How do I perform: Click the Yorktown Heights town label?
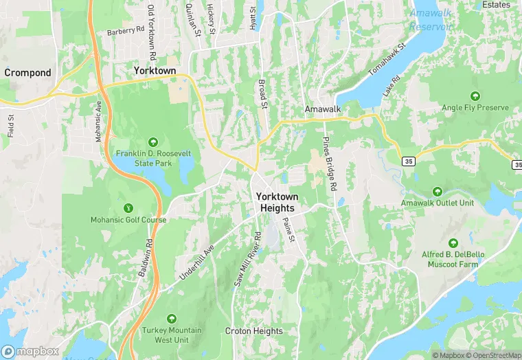click(277, 202)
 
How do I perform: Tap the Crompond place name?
click(27, 72)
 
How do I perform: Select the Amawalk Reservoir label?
click(431, 20)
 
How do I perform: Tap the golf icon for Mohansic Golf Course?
click(127, 208)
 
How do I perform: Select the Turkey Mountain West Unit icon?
click(171, 319)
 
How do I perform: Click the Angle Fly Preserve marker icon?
click(475, 96)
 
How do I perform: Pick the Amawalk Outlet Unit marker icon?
click(438, 192)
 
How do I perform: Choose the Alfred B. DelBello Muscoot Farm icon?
click(453, 243)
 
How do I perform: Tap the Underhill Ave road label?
click(198, 260)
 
